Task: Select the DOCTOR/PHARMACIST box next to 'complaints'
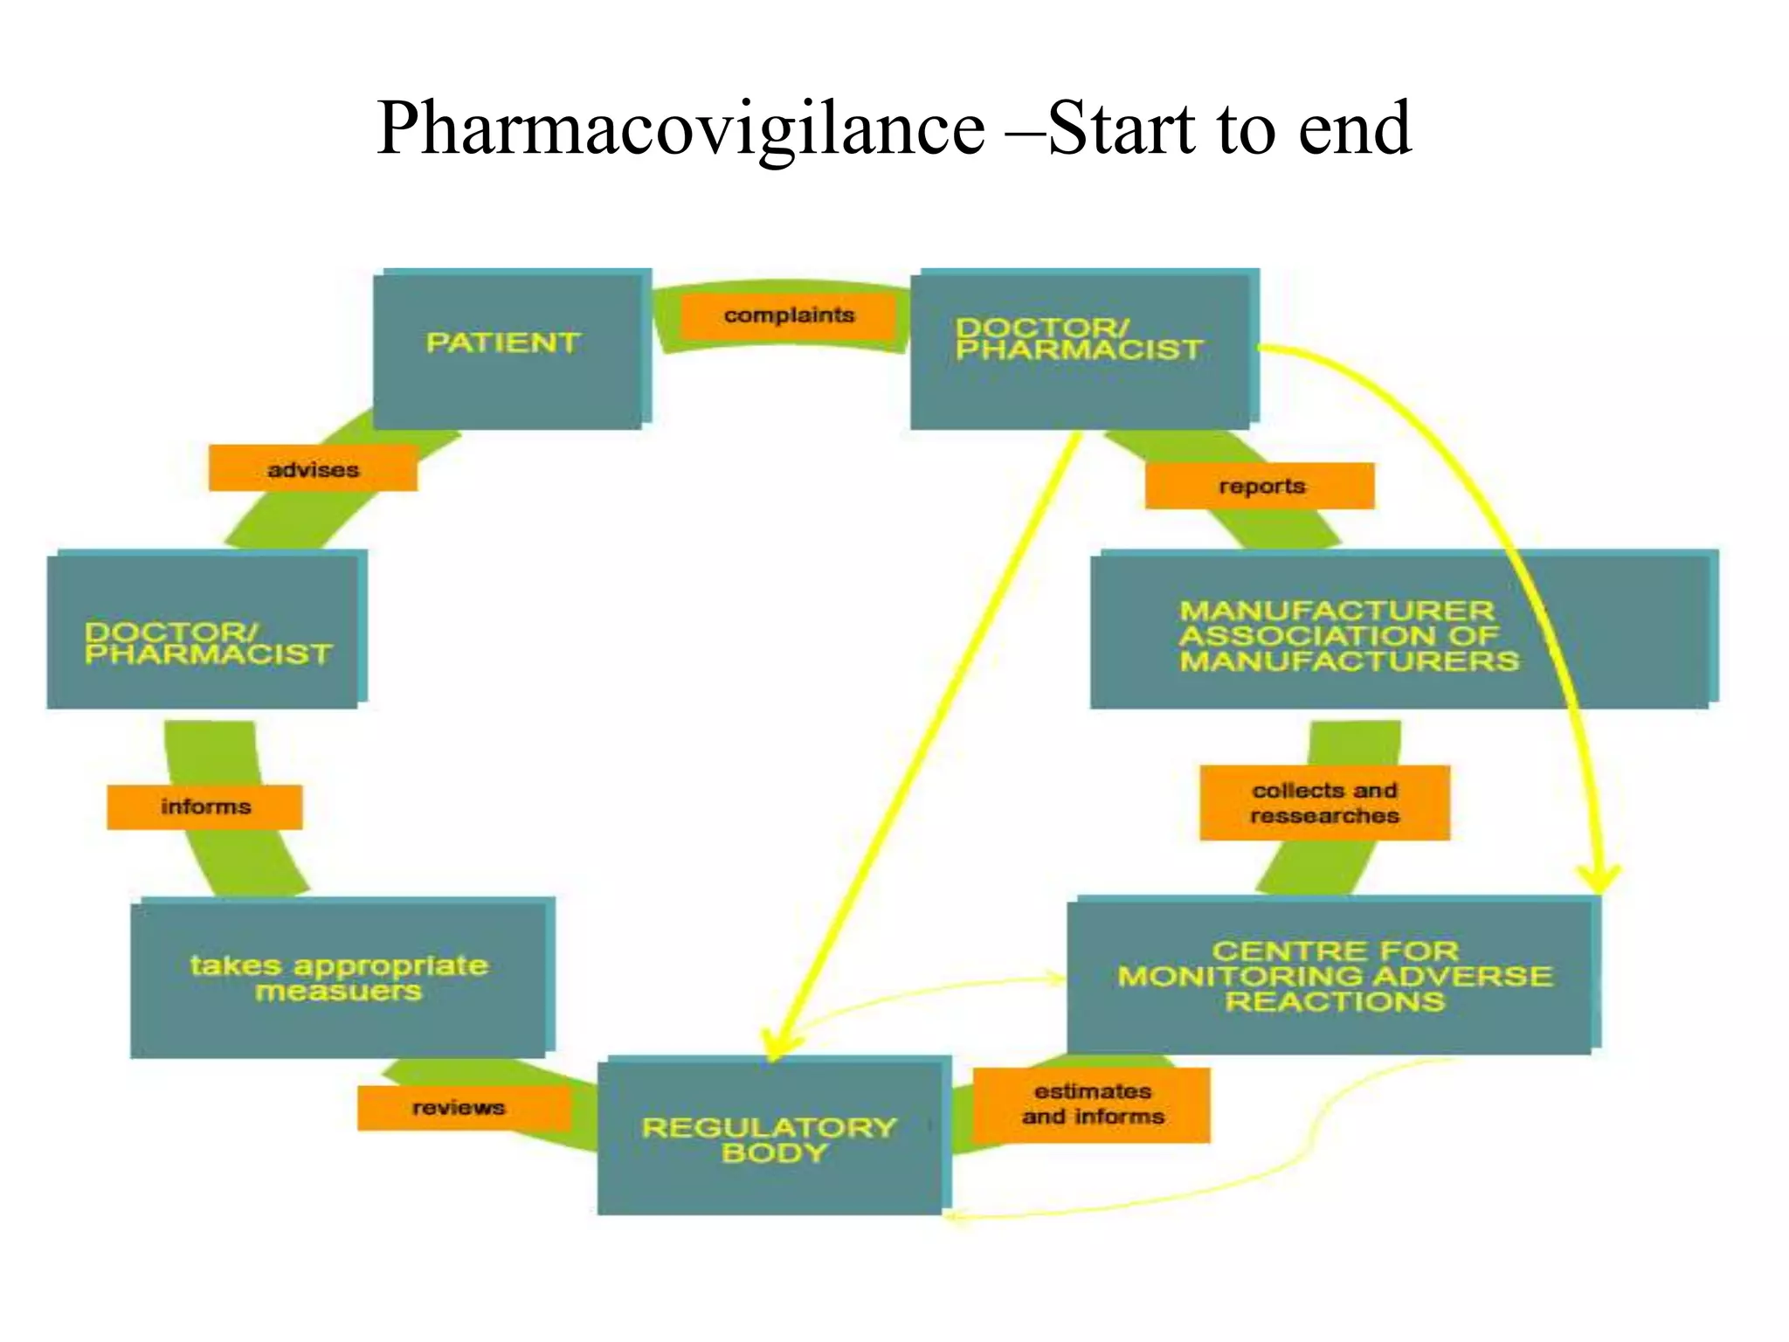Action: tap(1081, 349)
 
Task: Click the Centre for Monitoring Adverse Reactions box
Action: tap(1331, 976)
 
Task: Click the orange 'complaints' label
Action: tap(789, 315)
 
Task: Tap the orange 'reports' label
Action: tap(1260, 486)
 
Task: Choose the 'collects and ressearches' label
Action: tap(1324, 803)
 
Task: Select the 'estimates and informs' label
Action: tap(1092, 1104)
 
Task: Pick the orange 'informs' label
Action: tap(205, 806)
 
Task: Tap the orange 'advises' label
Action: tap(313, 469)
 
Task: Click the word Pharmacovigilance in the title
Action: tap(681, 129)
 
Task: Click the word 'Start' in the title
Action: tap(1120, 129)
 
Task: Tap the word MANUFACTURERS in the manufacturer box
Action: tap(1350, 661)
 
